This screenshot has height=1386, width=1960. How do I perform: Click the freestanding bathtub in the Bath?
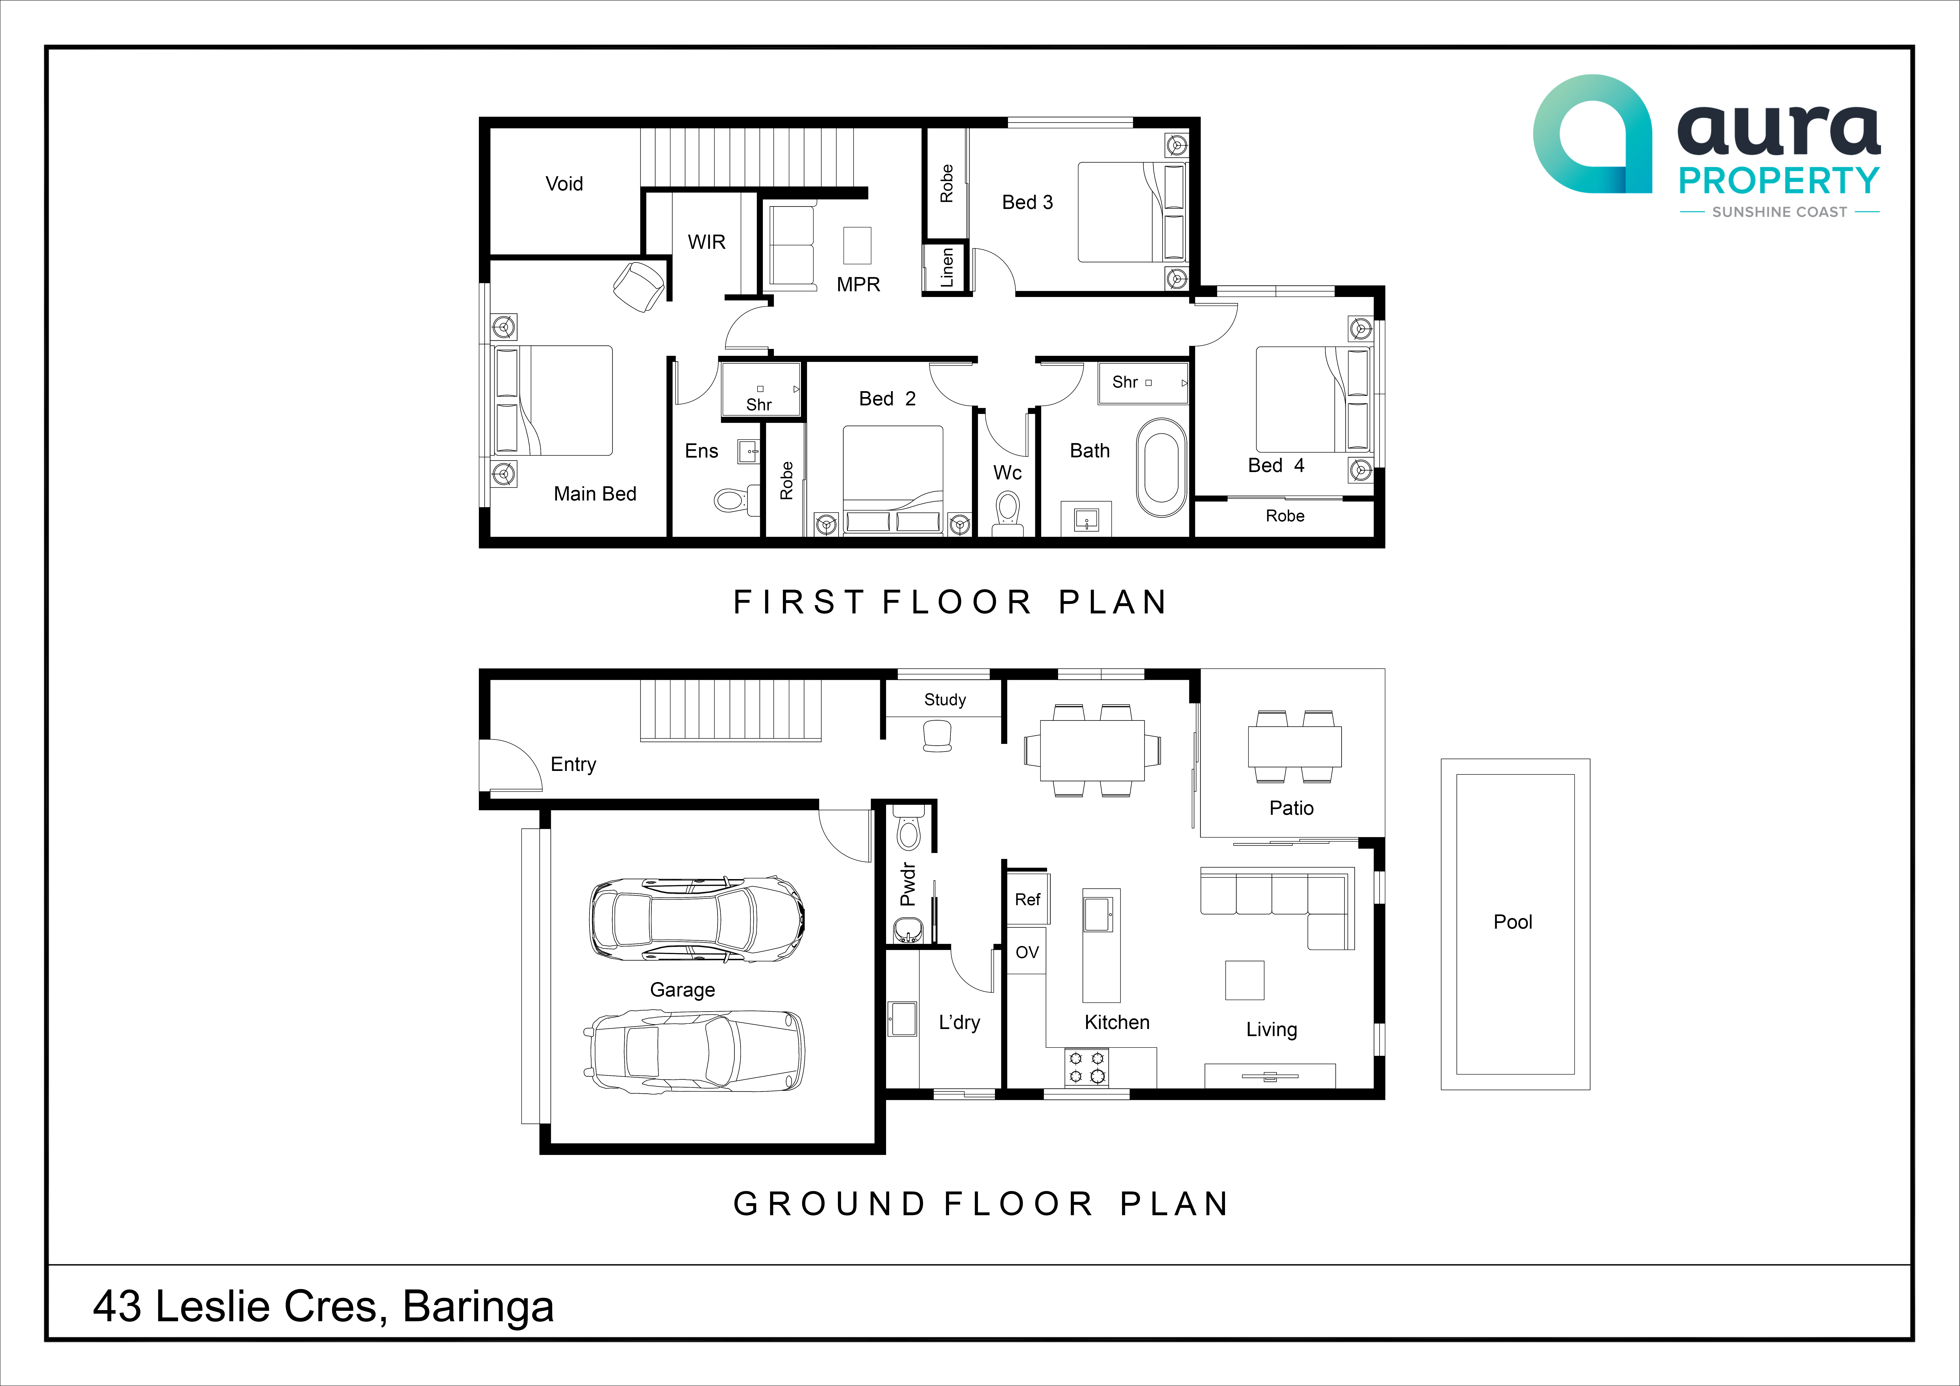click(x=1161, y=467)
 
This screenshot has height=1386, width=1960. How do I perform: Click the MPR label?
click(x=858, y=284)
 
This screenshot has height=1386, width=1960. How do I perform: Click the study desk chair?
click(x=937, y=735)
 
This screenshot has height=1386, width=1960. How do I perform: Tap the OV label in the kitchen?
click(x=1027, y=952)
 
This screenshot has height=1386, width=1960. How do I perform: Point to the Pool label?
click(x=1513, y=922)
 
